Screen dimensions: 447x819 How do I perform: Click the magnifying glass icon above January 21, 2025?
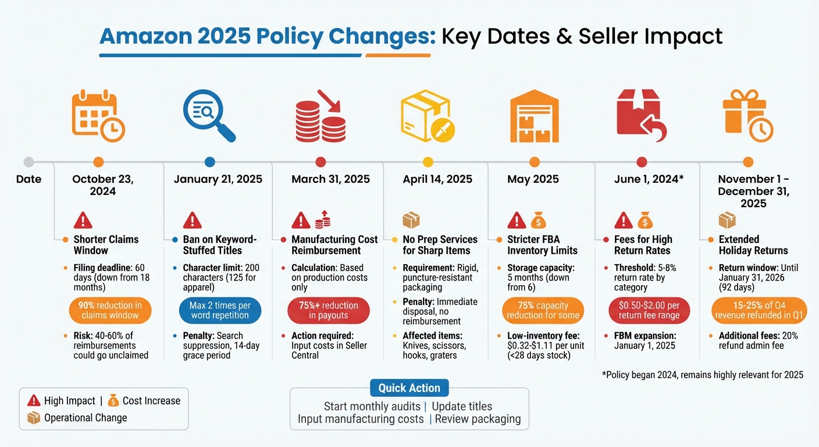[208, 116]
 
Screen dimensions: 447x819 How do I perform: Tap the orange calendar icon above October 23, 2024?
[98, 116]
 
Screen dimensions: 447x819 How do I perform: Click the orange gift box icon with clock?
[747, 116]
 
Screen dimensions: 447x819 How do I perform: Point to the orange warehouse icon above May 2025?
[535, 116]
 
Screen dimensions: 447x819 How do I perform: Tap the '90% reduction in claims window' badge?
[111, 311]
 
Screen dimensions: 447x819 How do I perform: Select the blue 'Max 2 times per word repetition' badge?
[220, 311]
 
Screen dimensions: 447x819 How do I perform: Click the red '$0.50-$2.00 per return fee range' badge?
[649, 311]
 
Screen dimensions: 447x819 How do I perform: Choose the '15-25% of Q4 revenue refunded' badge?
[759, 311]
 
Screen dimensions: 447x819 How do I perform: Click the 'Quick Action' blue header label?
[409, 388]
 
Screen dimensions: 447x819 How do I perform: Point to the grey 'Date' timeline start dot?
[29, 162]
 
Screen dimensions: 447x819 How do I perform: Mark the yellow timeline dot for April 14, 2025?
[428, 162]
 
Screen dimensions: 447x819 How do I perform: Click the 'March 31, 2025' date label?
[330, 179]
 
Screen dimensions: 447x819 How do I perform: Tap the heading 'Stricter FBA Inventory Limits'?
[542, 245]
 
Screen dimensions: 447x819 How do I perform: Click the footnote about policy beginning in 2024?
[702, 375]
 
